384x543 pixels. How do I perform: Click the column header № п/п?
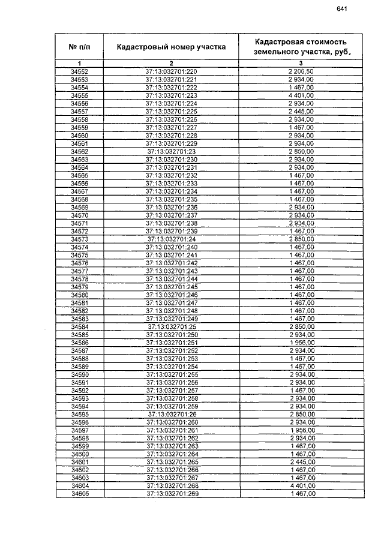coord(79,46)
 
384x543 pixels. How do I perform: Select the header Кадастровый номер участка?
coord(171,46)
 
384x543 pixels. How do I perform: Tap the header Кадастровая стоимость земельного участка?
coord(301,46)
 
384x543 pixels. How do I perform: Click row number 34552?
coord(79,72)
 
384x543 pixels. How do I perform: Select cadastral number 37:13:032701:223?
coord(171,95)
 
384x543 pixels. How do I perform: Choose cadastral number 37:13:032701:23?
coord(171,152)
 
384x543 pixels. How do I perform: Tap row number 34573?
coord(79,239)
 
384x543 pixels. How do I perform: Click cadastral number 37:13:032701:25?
coord(171,326)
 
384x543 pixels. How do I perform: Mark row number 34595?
coord(79,414)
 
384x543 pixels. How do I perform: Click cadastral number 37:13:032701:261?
coord(171,430)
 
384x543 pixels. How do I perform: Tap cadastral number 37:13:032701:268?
coord(171,485)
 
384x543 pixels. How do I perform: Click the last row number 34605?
coord(79,493)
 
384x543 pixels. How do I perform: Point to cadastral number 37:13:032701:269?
coord(171,493)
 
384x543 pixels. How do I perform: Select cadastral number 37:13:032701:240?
coord(171,247)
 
